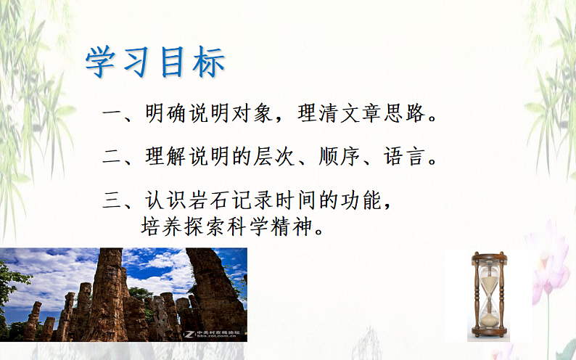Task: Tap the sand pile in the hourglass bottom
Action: [x=487, y=317]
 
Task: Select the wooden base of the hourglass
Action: [x=487, y=334]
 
